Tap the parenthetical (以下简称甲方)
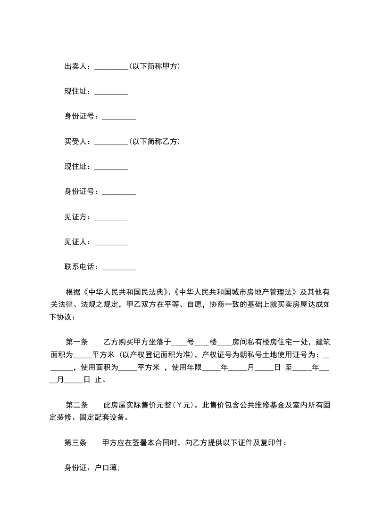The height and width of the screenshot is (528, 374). click(x=154, y=67)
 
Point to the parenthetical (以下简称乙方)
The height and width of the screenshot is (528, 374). click(x=154, y=141)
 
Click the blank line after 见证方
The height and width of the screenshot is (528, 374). click(x=111, y=218)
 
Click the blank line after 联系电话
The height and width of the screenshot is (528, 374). click(x=119, y=268)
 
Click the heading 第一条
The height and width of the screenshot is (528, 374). click(x=76, y=342)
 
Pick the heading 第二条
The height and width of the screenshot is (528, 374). click(x=76, y=392)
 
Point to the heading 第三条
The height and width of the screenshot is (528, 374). click(x=75, y=442)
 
